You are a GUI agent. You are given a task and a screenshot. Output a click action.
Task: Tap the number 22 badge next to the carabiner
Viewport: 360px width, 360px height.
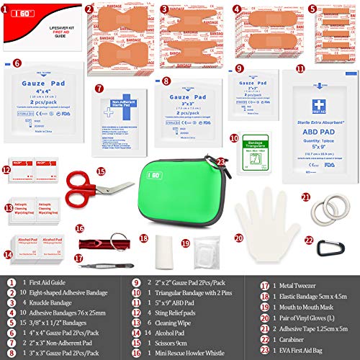[x=310, y=240]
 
